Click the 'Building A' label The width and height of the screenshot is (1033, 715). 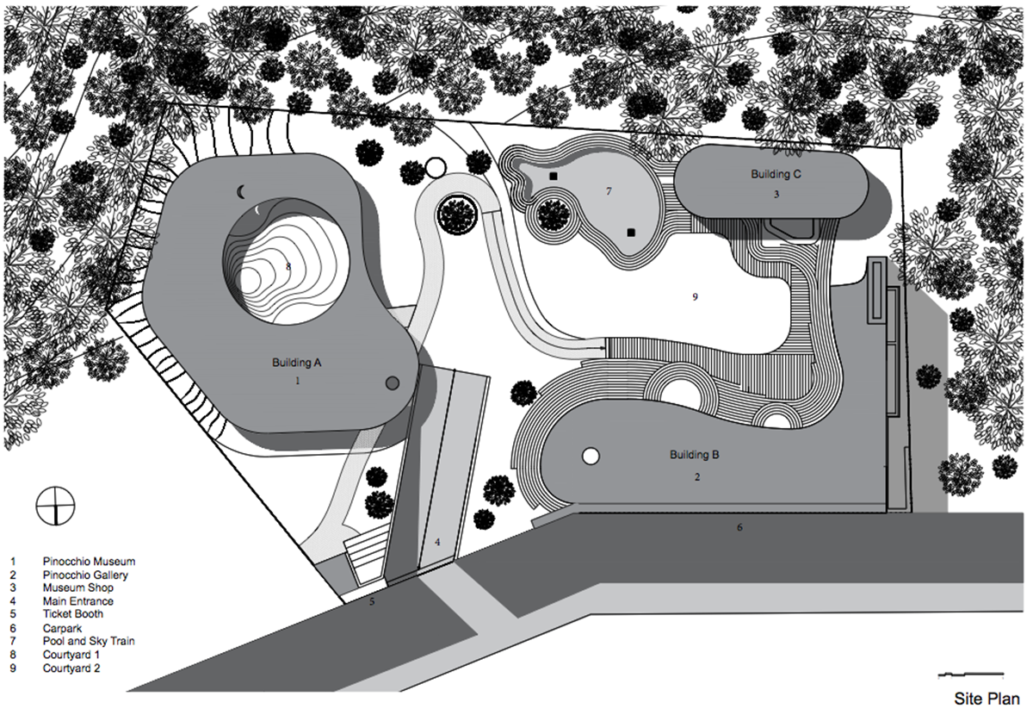tap(297, 364)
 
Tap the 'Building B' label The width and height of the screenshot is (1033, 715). tap(694, 454)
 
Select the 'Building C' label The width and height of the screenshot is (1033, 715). tap(776, 175)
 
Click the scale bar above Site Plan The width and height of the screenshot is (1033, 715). tap(970, 673)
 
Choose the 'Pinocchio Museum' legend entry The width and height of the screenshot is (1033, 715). tap(89, 561)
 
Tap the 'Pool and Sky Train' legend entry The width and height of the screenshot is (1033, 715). tap(89, 641)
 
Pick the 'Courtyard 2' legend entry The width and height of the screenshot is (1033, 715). tap(71, 668)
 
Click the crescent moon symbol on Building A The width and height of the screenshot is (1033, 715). tap(244, 190)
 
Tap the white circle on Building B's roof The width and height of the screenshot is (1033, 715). tap(591, 456)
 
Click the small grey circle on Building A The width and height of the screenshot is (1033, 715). tap(392, 382)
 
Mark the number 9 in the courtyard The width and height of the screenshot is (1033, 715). tap(694, 296)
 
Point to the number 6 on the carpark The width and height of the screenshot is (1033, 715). tap(739, 526)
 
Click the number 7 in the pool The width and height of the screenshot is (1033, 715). tap(609, 190)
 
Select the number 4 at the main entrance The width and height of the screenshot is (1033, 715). tap(437, 542)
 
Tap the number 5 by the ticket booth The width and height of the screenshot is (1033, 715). tap(372, 601)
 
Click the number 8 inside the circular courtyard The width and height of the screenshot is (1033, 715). tap(288, 267)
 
